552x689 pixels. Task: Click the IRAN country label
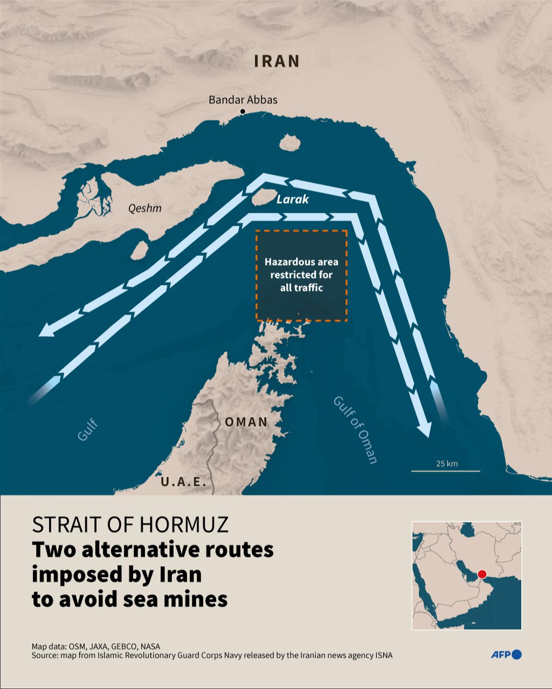tap(276, 61)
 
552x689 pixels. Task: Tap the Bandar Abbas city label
tap(243, 100)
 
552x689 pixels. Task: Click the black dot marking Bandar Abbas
tap(242, 112)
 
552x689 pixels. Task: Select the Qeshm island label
tap(145, 209)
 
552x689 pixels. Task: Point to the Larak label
tap(292, 199)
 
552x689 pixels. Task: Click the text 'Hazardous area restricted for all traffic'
tap(301, 275)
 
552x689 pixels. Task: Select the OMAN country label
tap(246, 422)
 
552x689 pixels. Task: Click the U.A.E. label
tap(183, 482)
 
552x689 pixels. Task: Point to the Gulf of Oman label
tap(355, 430)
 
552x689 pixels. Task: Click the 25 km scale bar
tap(446, 470)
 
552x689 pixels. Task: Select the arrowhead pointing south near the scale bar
tap(424, 429)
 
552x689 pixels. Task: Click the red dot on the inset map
tap(482, 574)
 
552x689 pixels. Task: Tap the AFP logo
tap(506, 655)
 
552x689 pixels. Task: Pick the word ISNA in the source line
tap(384, 655)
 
